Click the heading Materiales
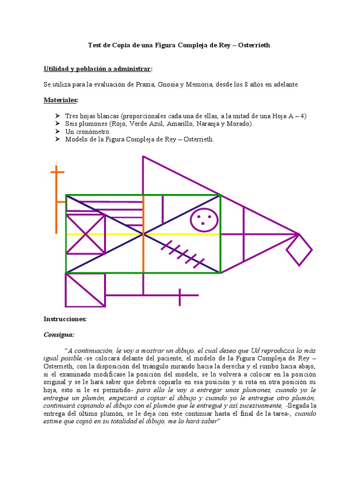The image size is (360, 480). [61, 100]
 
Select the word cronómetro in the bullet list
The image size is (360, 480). [95, 132]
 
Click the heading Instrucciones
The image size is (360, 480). [65, 319]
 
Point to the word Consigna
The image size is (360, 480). [59, 335]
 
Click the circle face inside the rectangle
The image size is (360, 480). [204, 219]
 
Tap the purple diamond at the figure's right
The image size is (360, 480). [299, 250]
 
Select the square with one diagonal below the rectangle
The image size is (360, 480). [85, 290]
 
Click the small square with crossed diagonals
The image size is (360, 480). [85, 234]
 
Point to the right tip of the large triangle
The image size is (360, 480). [298, 233]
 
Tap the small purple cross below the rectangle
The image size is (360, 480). [180, 295]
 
